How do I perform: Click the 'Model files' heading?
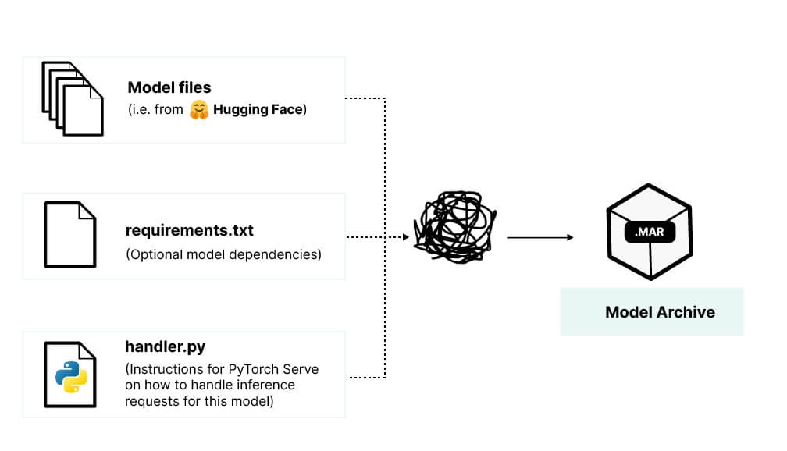[169, 87]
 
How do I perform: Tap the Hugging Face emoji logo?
[200, 110]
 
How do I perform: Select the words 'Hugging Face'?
[258, 110]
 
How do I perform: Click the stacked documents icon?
[72, 99]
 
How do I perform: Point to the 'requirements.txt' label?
[189, 231]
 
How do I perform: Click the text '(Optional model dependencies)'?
[223, 254]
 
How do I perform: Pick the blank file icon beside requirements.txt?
[70, 234]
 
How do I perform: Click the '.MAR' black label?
[650, 231]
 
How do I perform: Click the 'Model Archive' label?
[660, 312]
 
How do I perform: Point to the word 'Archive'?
[686, 312]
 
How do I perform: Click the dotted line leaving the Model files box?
[365, 98]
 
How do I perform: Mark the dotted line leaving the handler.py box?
[365, 378]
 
